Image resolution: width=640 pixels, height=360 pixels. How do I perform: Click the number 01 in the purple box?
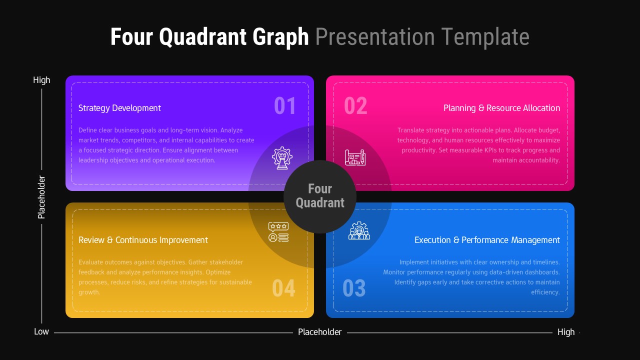[285, 106]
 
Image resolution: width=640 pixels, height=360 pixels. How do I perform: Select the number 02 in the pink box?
[355, 106]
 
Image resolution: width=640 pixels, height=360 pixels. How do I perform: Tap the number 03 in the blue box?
[354, 288]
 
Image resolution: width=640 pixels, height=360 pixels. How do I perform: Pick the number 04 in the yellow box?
[283, 288]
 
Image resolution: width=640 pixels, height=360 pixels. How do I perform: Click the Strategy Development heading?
[119, 108]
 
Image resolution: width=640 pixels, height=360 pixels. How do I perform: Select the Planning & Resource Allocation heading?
[501, 108]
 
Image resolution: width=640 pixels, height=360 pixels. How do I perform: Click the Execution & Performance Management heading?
[487, 240]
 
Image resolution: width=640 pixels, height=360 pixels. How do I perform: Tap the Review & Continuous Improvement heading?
[143, 240]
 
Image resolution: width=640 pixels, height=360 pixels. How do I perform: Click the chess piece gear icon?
[282, 157]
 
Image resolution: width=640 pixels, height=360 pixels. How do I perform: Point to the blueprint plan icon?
[355, 157]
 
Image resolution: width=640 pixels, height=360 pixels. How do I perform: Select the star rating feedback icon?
[278, 232]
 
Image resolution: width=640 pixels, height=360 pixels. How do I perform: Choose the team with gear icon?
[359, 231]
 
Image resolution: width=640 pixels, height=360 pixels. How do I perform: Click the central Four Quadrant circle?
[320, 196]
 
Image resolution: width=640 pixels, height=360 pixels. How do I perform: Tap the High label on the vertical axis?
[41, 80]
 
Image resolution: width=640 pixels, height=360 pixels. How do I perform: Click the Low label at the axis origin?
[41, 332]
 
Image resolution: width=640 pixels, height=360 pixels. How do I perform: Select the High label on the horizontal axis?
[566, 332]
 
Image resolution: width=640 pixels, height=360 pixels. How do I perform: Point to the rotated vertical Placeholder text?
[41, 197]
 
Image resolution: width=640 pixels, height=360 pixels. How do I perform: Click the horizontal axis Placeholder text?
[319, 332]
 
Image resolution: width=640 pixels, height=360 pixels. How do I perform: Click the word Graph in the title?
[280, 37]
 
